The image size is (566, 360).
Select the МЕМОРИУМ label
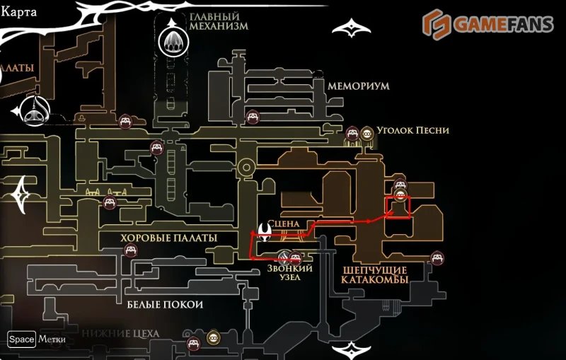359,85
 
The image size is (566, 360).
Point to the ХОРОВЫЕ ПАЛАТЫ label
169,238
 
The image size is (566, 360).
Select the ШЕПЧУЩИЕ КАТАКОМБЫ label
375,275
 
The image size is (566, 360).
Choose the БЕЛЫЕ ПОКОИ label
165,304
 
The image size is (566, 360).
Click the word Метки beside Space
52,339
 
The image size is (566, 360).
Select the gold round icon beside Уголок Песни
367,132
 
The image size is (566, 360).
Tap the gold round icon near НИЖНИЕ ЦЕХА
212,339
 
